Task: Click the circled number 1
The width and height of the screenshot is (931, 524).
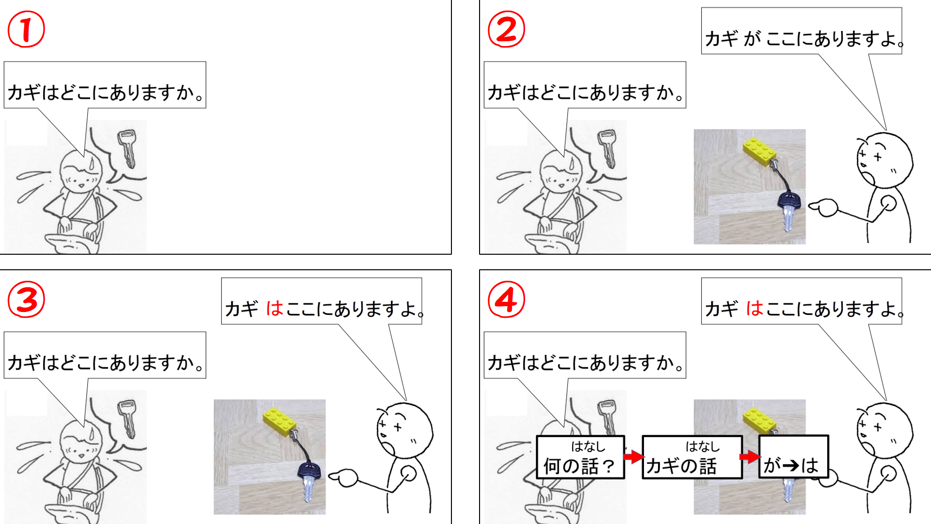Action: coord(26,30)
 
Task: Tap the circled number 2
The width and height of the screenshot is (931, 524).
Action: coord(506,30)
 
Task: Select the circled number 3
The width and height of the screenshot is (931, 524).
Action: coord(26,299)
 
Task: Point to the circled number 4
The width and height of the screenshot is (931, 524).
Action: coord(506,299)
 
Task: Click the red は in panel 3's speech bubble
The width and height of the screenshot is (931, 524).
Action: coord(274,309)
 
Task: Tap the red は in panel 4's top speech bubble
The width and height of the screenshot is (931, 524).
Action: coord(754,309)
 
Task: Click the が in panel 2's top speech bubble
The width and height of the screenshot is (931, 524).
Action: coord(752,38)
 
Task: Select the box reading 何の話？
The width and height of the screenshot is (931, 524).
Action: coord(580,457)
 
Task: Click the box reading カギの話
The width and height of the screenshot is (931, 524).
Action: coord(692,457)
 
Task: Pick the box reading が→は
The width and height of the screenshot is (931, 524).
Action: coord(793,457)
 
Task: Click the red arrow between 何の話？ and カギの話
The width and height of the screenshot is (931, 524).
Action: coord(633,457)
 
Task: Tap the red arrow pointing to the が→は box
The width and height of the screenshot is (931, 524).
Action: coord(750,457)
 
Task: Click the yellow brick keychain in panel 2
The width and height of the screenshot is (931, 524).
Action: coord(759,151)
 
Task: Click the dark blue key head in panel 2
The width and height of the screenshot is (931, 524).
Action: coord(788,200)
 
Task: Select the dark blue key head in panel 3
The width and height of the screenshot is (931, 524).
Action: coord(309,471)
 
